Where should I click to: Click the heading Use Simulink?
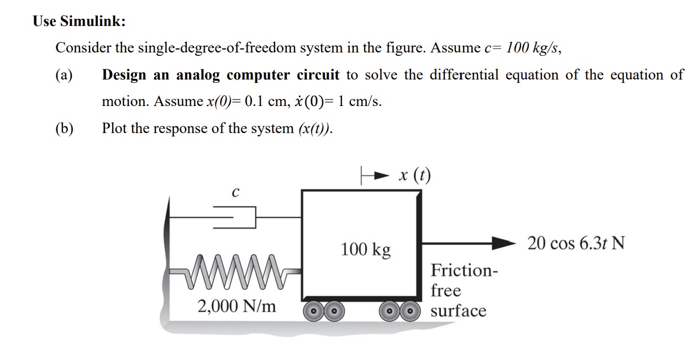tap(79, 22)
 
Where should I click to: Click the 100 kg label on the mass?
tap(365, 250)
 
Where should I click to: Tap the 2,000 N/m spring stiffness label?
tap(237, 305)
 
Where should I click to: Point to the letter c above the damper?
tap(235, 193)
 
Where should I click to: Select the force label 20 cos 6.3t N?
tap(576, 242)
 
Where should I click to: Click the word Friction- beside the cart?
tap(464, 271)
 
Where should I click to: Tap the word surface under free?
tap(459, 311)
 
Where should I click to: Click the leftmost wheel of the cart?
tap(314, 311)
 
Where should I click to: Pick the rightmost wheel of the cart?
tap(409, 311)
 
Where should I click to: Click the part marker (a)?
tap(64, 75)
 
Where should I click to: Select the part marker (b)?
tap(64, 129)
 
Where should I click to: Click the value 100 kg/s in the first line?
tap(533, 48)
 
